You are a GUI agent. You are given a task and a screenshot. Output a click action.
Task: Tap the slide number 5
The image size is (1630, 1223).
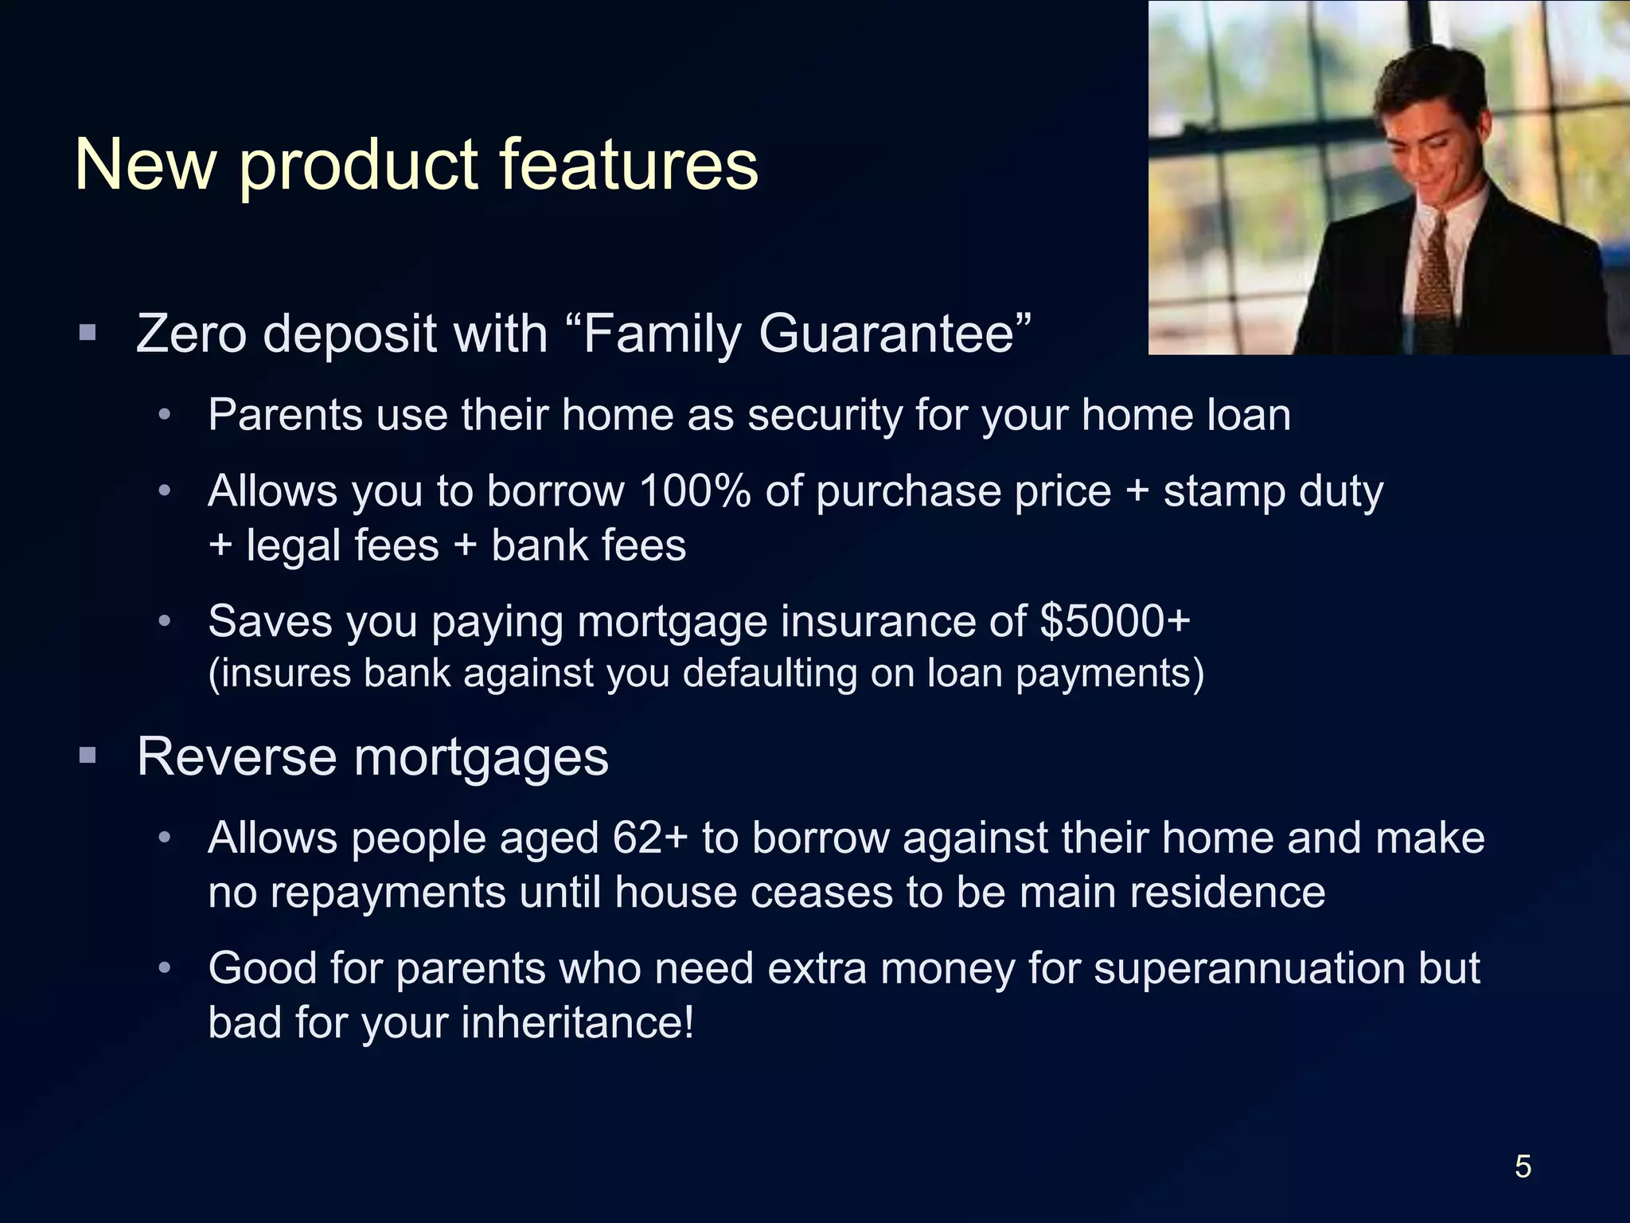coord(1523,1166)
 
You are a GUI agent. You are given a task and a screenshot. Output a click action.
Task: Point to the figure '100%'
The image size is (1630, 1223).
coord(694,490)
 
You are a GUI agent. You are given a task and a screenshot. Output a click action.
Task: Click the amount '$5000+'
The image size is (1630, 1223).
coord(1115,621)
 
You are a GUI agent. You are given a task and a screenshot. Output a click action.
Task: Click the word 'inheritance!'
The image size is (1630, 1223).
coord(577,1022)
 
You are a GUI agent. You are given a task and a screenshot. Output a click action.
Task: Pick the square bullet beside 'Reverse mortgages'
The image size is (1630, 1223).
coord(88,755)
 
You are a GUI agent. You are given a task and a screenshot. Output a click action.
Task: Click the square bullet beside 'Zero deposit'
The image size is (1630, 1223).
coord(88,332)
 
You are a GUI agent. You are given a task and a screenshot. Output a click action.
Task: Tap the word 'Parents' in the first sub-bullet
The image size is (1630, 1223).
coord(284,415)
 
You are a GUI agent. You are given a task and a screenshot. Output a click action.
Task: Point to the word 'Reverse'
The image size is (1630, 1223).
coord(236,756)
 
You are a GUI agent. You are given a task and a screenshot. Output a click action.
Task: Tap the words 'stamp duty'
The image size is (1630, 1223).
coord(1273,491)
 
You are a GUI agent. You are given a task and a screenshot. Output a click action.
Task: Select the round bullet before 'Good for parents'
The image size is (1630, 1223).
coord(165,968)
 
